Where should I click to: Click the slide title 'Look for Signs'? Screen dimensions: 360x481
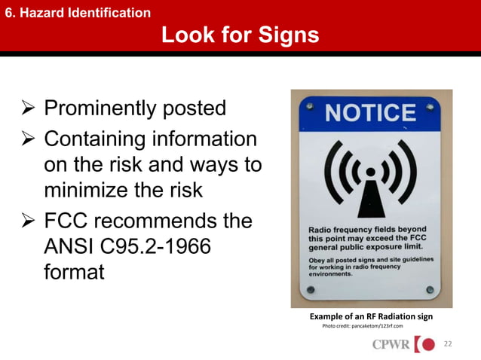point(240,35)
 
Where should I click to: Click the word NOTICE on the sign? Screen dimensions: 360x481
point(370,114)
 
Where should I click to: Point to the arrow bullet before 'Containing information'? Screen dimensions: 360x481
point(26,140)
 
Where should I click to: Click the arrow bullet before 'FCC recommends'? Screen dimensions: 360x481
point(26,222)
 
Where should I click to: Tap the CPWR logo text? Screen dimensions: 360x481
point(391,345)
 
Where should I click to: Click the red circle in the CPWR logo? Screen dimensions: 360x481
point(428,345)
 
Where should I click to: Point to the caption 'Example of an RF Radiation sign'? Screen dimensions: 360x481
point(371,316)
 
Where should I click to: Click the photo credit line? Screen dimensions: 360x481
point(363,326)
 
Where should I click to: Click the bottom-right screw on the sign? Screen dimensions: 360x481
point(430,290)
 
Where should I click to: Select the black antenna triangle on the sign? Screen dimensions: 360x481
point(369,200)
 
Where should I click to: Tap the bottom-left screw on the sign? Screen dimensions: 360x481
point(310,290)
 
